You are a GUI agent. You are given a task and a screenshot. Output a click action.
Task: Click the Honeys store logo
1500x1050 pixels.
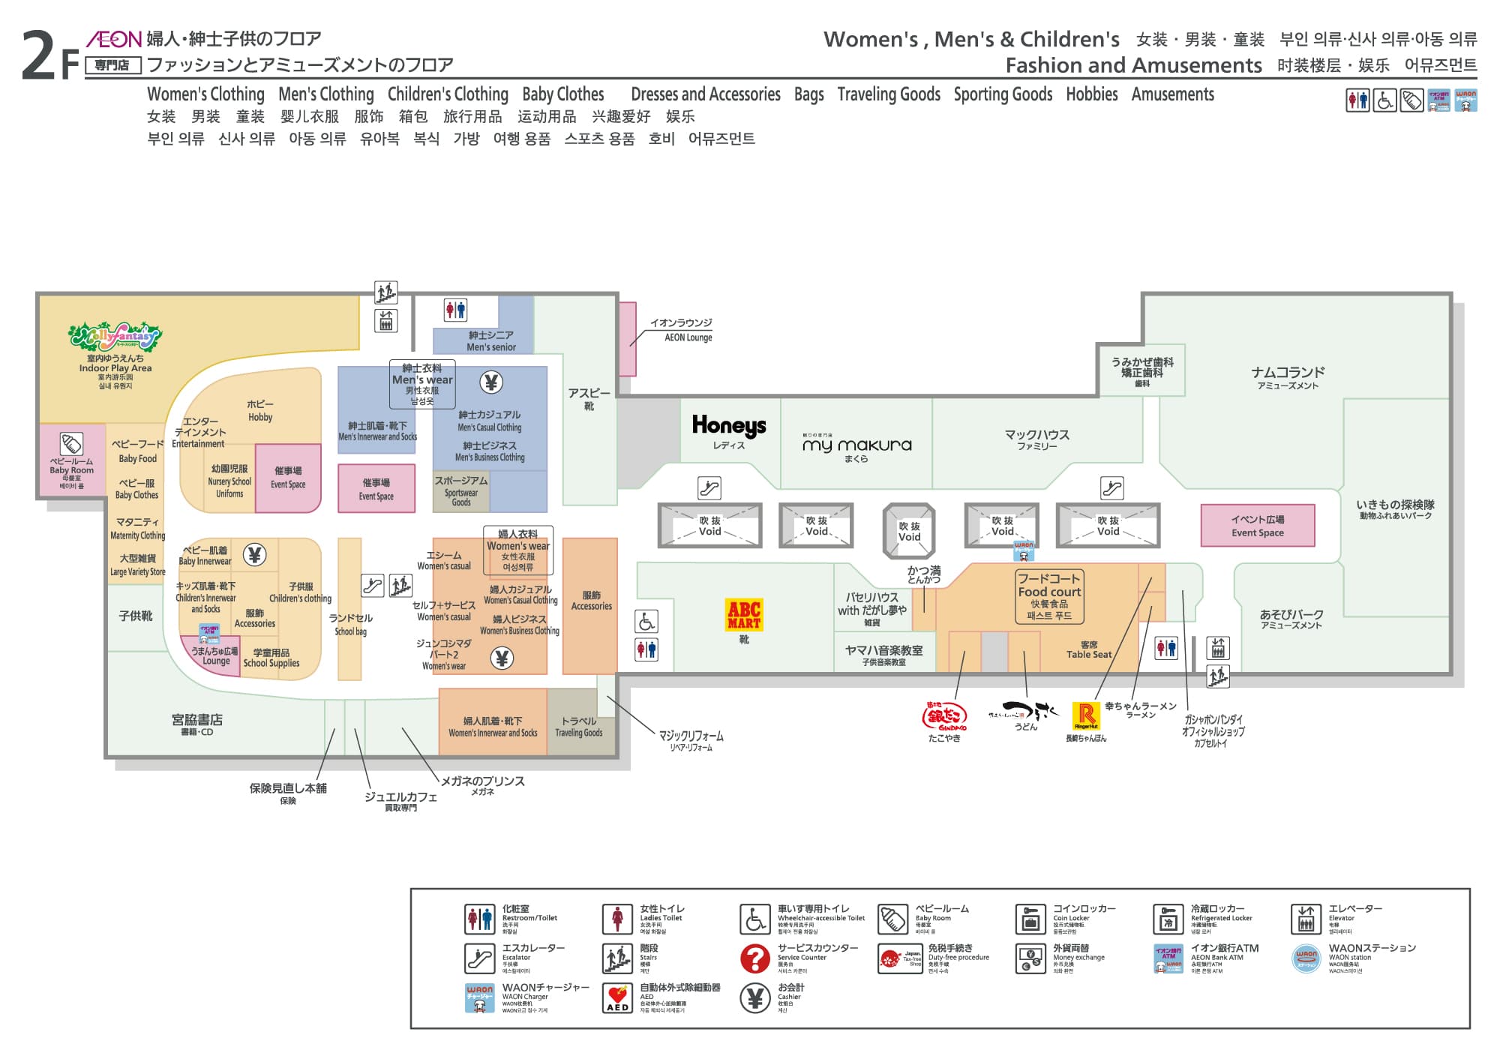tap(728, 426)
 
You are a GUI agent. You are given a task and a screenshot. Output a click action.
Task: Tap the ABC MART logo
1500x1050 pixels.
tap(744, 614)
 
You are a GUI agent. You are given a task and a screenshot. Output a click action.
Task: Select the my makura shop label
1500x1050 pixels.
tap(856, 445)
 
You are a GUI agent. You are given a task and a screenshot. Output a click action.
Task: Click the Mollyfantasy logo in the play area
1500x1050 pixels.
tap(115, 337)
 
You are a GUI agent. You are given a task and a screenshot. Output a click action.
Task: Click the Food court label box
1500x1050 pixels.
tap(1048, 596)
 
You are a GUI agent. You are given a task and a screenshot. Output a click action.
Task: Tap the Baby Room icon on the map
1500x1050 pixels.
tap(71, 443)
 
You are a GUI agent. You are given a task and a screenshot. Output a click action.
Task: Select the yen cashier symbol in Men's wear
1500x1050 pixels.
tap(491, 382)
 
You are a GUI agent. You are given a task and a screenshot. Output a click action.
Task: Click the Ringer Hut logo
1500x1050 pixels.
tap(1085, 716)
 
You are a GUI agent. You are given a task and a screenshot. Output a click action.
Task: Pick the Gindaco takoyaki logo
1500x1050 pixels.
tap(943, 716)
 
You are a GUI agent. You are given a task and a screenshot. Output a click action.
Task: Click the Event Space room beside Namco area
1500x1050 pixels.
tap(1257, 525)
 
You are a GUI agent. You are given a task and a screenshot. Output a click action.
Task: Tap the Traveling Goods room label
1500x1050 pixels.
tap(578, 727)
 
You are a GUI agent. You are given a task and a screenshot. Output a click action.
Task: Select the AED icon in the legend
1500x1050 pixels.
tap(617, 998)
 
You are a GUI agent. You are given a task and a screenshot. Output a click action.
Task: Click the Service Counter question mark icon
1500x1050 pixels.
tap(754, 958)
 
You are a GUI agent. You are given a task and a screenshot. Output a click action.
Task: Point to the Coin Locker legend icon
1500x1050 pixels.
tap(1030, 919)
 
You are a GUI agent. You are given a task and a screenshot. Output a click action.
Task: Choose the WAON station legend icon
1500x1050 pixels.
tap(1306, 958)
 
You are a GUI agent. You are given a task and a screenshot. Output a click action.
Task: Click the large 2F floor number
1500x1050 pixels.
tap(49, 55)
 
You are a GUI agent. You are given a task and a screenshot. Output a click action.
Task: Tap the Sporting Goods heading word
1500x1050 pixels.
tap(1003, 94)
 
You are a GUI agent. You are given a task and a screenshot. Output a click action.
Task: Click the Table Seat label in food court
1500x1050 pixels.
tap(1089, 649)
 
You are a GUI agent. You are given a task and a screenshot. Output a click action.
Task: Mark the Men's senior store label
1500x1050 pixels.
tap(491, 341)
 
